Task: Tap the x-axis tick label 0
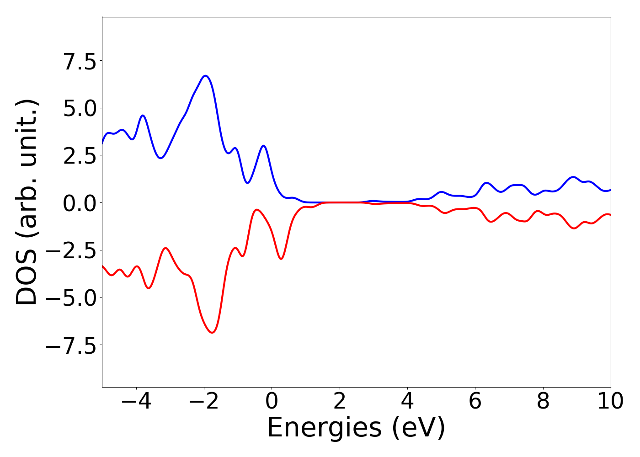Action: [272, 402]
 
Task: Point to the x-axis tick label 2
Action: [339, 402]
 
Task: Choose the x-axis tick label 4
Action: [407, 402]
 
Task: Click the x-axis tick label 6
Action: [475, 402]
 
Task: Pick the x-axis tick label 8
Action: [543, 402]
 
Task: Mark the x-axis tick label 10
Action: [611, 402]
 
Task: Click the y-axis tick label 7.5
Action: [80, 61]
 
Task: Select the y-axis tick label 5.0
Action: [80, 109]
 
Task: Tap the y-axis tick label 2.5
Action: [80, 156]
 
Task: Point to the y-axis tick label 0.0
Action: [80, 203]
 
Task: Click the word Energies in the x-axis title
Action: [324, 429]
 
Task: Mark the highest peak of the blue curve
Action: [206, 75]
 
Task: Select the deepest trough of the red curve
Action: [212, 332]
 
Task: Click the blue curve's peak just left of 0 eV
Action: [264, 146]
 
